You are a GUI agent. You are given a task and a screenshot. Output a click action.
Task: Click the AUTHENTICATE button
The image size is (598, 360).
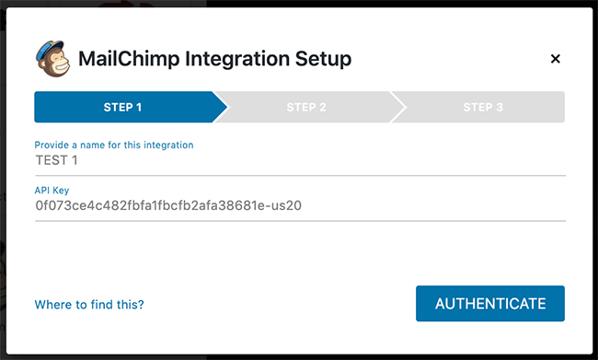(x=489, y=304)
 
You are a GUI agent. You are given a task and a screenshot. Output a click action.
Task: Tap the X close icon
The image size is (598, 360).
(x=555, y=59)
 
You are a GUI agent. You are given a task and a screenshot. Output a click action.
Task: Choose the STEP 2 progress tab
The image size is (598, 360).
(x=306, y=107)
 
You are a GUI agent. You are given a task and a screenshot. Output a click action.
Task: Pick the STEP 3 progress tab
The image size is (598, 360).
(x=482, y=107)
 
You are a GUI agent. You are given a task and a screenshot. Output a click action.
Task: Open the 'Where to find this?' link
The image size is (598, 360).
(x=89, y=304)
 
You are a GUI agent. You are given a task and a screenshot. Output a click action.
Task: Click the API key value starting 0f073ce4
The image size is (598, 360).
(x=168, y=205)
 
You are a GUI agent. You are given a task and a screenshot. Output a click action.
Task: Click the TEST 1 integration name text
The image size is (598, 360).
(x=58, y=160)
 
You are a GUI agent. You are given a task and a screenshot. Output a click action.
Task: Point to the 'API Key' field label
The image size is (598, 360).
(x=52, y=191)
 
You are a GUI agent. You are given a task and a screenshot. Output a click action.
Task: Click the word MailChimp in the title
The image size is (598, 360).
(x=129, y=60)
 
